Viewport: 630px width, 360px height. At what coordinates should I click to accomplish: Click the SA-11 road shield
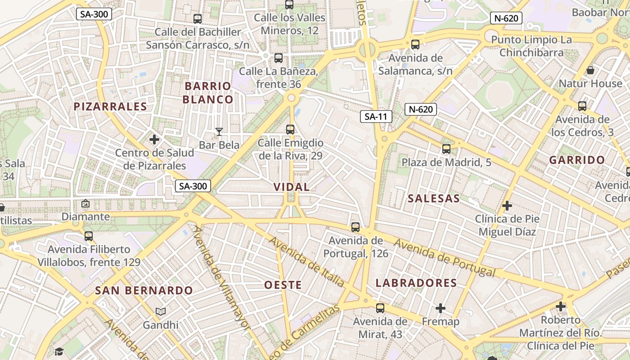point(376,117)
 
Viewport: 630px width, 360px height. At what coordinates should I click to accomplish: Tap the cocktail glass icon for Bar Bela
point(219,131)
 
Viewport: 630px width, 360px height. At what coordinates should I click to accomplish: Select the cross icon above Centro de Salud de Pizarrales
point(154,139)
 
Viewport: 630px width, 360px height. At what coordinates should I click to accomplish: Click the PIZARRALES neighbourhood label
point(110,107)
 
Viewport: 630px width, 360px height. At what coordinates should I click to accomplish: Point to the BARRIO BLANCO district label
point(208,93)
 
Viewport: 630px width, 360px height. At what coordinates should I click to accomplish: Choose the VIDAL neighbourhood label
point(292,187)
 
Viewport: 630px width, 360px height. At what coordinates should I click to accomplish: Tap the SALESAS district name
point(434,198)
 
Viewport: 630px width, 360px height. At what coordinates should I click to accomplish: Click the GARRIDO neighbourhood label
point(577,160)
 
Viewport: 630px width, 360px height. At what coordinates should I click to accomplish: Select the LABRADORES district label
point(416,283)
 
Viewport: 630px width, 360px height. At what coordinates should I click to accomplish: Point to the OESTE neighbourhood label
point(283,285)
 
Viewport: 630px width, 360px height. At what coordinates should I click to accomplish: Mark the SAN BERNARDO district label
point(144,291)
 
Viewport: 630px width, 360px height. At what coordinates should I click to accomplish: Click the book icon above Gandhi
point(161,311)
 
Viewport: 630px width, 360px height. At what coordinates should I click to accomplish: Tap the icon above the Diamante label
point(85,204)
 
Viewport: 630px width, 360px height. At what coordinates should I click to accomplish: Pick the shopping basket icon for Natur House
point(590,71)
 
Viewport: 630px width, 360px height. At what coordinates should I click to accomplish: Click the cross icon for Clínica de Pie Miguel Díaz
point(507,206)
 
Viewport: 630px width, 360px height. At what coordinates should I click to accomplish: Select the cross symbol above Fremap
point(441,308)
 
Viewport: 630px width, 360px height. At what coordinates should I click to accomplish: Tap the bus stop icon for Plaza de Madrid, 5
point(446,149)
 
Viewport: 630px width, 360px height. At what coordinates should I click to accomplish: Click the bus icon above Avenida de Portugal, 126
point(355,227)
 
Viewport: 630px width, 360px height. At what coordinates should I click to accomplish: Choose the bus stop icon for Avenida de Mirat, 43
point(380,308)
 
